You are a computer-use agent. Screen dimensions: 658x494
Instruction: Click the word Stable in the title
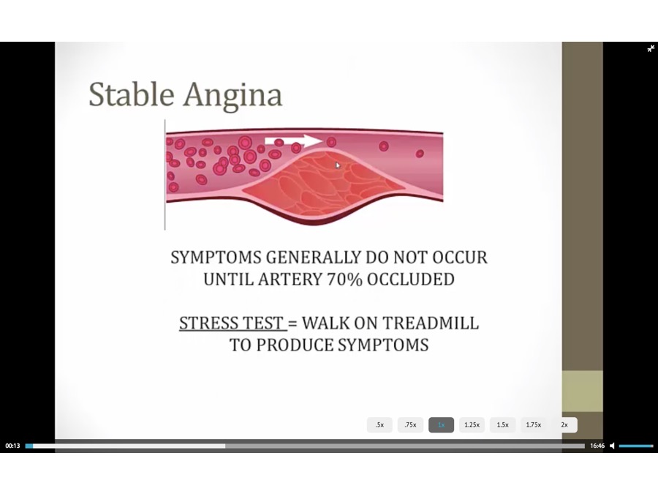click(132, 94)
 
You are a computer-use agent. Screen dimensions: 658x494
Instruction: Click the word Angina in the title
click(233, 96)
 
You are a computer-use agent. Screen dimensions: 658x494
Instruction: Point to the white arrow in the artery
click(293, 141)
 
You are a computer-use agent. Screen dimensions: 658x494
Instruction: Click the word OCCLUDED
click(411, 279)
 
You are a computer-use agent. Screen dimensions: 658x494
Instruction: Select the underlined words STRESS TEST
click(231, 323)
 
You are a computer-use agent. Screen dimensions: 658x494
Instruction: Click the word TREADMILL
click(431, 323)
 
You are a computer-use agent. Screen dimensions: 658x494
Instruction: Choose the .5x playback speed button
click(379, 424)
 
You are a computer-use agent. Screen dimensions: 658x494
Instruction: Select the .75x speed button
click(410, 424)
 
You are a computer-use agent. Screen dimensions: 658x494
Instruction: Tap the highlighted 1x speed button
click(441, 424)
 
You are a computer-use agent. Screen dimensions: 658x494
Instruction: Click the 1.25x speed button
click(472, 424)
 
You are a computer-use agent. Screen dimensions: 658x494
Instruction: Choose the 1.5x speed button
click(503, 424)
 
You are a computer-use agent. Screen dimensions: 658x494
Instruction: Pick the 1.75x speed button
click(534, 424)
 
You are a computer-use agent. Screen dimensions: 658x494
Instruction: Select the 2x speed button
click(564, 424)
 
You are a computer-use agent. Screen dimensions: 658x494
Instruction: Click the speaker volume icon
click(612, 446)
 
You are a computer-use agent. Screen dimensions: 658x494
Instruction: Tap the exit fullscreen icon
click(651, 49)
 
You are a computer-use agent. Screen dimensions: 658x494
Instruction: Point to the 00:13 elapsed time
click(12, 446)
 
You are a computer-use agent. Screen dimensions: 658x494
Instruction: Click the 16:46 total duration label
click(597, 446)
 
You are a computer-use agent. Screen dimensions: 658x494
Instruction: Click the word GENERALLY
click(314, 257)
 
